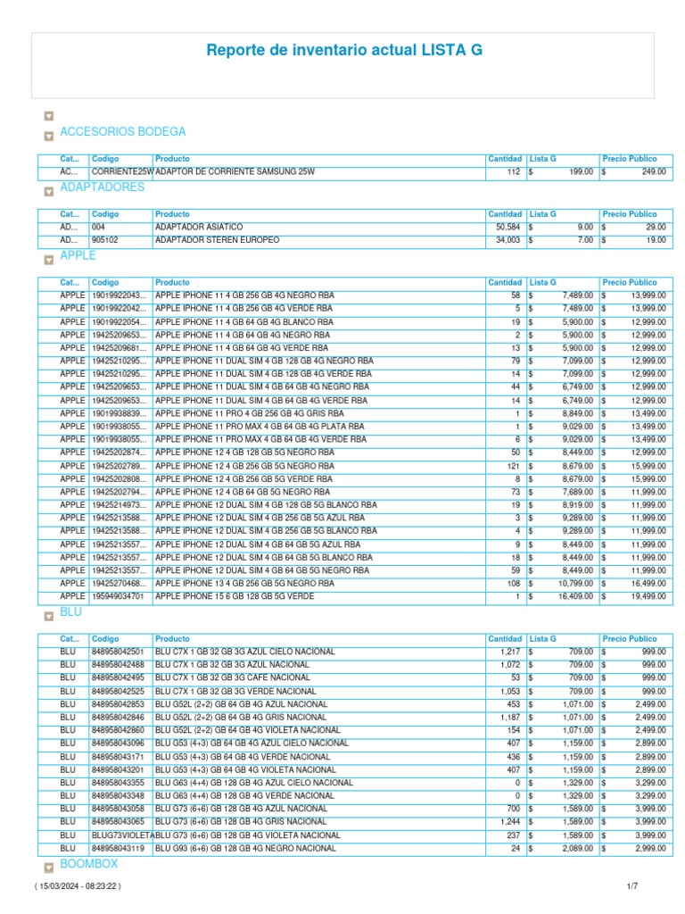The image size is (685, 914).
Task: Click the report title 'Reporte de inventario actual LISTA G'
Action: coord(344,51)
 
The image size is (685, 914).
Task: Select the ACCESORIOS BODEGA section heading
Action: coord(122,132)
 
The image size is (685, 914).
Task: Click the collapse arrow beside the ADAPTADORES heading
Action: coord(48,192)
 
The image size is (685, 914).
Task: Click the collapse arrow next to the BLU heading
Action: coord(48,617)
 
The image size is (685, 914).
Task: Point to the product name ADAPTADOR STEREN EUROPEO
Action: coord(217,241)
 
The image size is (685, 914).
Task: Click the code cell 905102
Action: coord(105,241)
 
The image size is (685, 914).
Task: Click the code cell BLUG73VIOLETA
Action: coord(122,835)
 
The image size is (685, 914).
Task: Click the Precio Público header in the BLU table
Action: coord(630,639)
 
